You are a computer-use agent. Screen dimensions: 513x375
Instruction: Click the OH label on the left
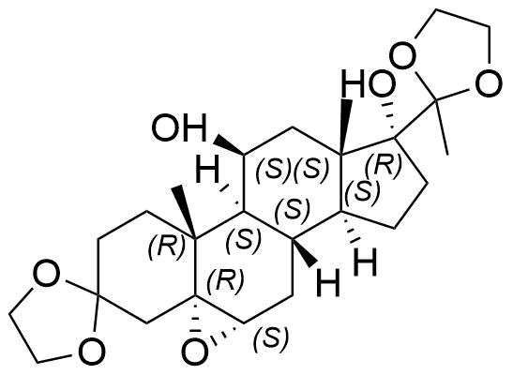180,127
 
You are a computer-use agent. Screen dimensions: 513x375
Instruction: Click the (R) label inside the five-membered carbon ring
384,165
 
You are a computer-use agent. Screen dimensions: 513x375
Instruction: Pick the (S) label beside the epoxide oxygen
272,339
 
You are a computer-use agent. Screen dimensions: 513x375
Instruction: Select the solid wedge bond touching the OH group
229,146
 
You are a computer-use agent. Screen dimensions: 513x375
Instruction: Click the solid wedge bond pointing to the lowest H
305,252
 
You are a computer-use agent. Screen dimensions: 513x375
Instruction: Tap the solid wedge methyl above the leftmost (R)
186,211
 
